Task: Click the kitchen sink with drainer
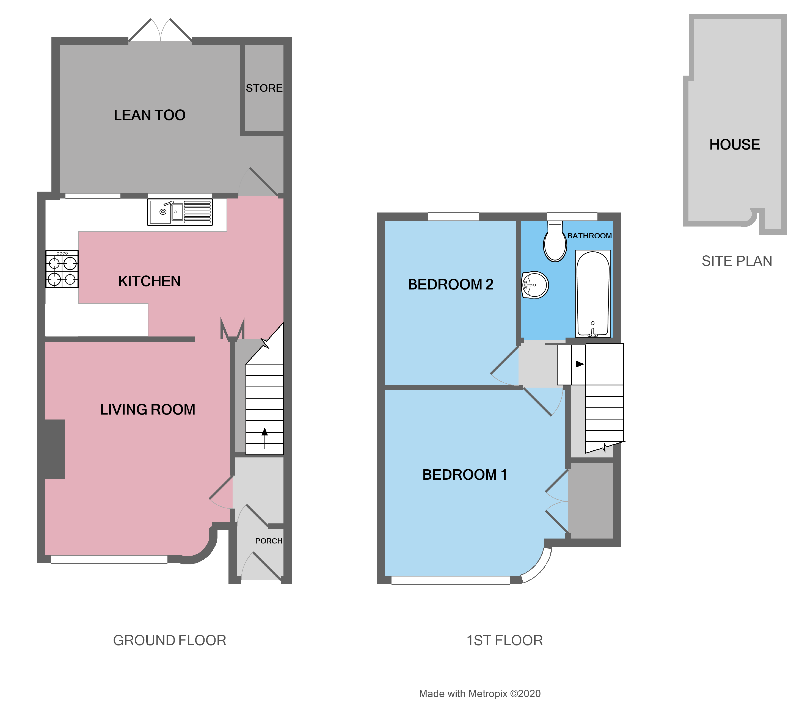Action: point(180,212)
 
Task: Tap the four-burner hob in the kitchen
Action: point(62,269)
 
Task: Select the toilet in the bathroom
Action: point(555,242)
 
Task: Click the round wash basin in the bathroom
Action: point(535,285)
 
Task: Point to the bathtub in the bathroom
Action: point(592,293)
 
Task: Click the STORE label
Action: point(264,89)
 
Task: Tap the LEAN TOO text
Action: point(149,115)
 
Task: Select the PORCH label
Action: point(268,541)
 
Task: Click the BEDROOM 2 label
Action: point(450,285)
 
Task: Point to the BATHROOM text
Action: point(589,236)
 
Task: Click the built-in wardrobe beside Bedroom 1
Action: point(591,501)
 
